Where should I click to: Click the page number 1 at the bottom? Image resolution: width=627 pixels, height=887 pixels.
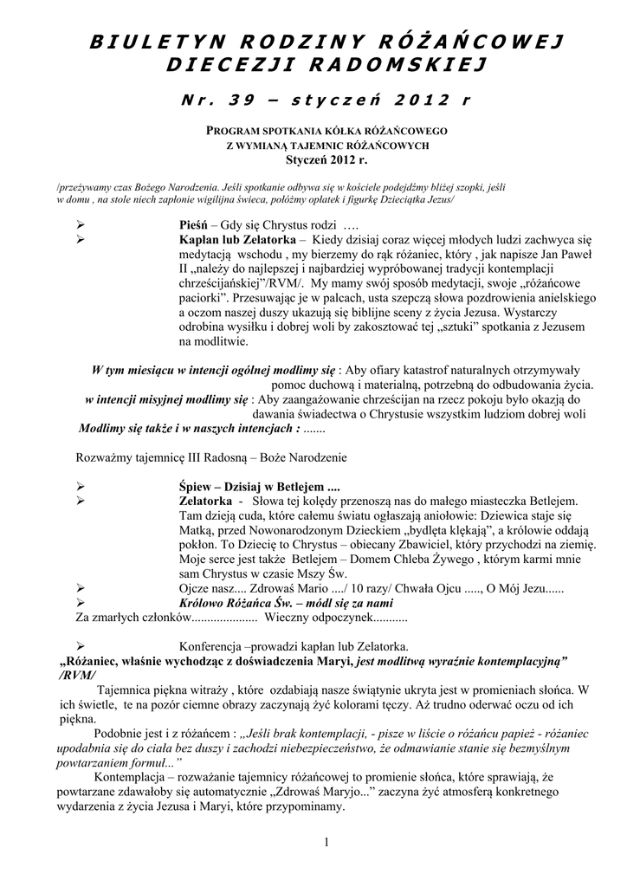coord(327,843)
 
